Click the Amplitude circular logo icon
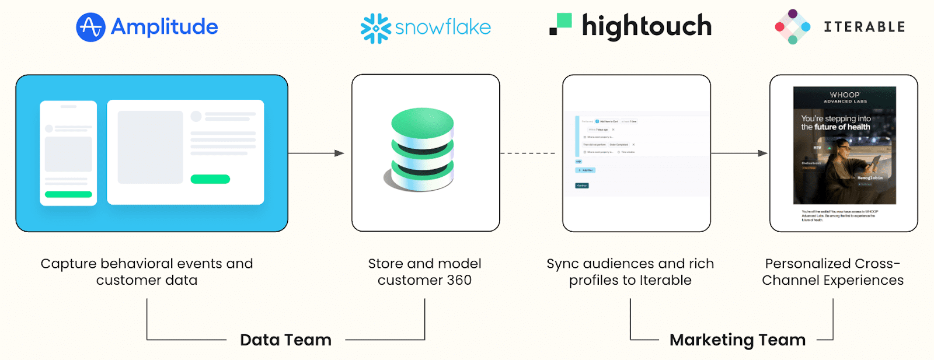tap(90, 27)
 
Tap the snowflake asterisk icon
tap(375, 28)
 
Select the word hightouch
tap(647, 26)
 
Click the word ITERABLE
tap(864, 27)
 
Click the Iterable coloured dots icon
tap(792, 27)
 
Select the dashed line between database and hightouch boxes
tap(528, 153)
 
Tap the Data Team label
tap(285, 340)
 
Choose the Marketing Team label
tap(737, 340)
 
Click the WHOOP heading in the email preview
tap(845, 95)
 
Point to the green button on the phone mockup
tap(68, 194)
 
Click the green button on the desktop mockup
tap(210, 179)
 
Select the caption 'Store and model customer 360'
tap(424, 272)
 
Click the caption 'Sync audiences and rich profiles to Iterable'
tap(630, 272)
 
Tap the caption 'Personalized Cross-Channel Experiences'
tap(832, 272)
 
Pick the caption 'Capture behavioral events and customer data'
tap(147, 272)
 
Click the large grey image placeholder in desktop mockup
tap(150, 147)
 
